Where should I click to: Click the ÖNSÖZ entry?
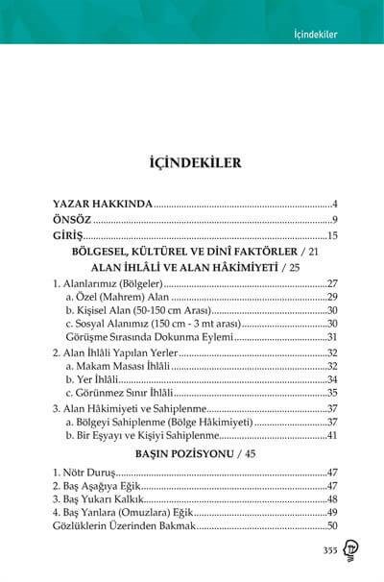[77, 220]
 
